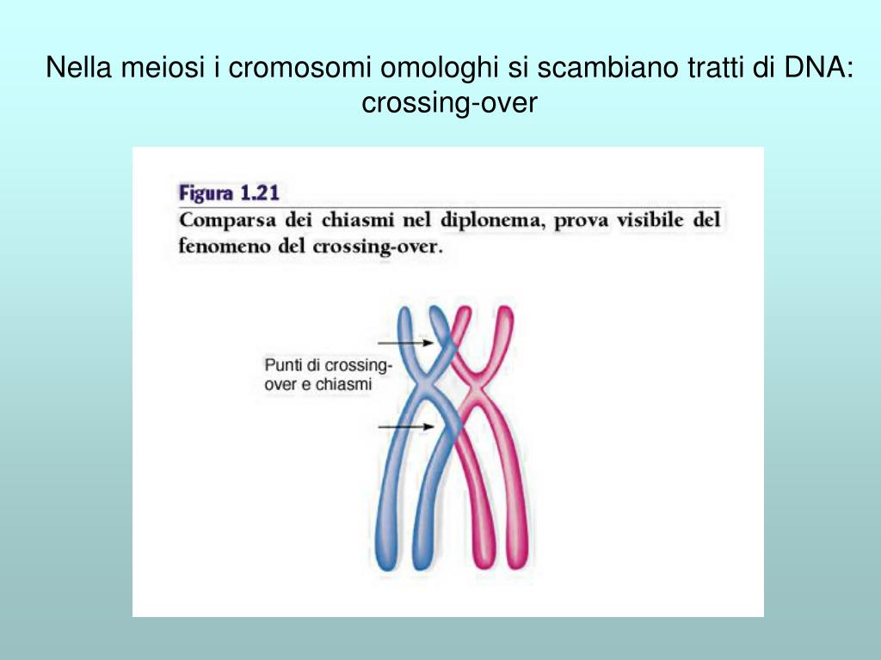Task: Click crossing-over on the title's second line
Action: (x=449, y=102)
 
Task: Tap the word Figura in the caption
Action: (x=206, y=192)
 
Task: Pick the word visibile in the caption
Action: (x=643, y=220)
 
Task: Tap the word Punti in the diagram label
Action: (x=281, y=366)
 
